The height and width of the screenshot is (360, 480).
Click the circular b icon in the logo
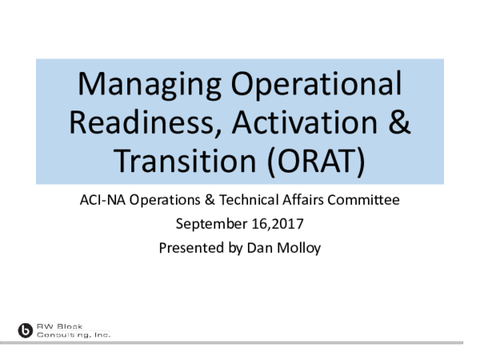pos(26,330)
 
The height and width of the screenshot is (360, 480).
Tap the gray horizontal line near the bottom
pos(288,340)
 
